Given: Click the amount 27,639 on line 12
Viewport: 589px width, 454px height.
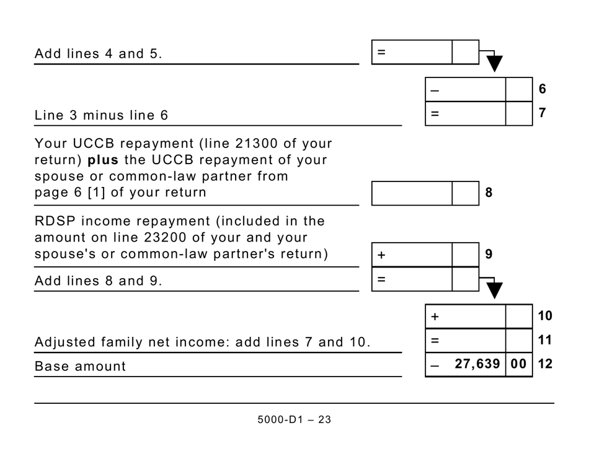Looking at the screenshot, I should pos(477,364).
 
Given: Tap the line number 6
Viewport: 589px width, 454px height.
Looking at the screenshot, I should pos(542,89).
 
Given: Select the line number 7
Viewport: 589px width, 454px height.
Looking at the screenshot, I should pos(542,114).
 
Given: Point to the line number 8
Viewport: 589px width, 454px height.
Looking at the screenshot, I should pos(489,193).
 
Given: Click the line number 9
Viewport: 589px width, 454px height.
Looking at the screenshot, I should pos(489,254).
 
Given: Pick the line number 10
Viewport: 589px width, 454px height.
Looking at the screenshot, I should pos(544,316).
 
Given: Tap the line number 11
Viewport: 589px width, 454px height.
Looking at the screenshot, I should pos(544,340).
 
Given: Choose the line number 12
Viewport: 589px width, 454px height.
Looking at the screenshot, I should pos(544,364).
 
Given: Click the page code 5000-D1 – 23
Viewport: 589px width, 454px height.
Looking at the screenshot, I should pos(294,419).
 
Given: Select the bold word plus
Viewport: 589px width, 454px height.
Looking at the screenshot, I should pos(103,160).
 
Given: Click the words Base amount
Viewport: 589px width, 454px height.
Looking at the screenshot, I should pos(80,366).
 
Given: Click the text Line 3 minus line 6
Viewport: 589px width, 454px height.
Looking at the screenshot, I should pos(101,115).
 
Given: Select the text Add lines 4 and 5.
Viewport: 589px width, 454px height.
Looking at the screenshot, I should pos(98,53).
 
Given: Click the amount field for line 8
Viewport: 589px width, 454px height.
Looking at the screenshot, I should pos(412,193).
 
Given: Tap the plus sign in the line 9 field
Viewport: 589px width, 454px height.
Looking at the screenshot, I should pos(381,255).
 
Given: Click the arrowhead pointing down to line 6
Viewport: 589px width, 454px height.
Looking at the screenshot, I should pos(494,63).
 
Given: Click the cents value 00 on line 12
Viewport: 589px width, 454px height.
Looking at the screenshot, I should pos(519,364).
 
